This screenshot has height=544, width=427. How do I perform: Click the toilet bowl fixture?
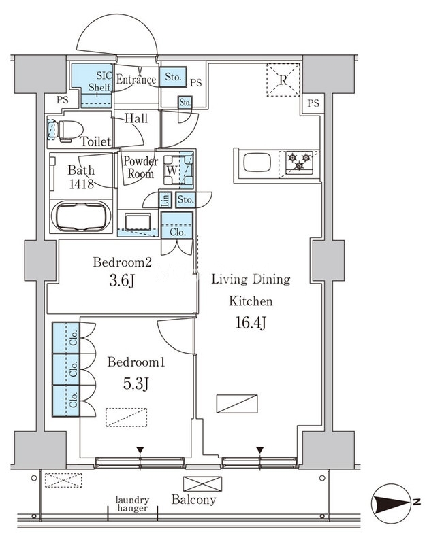click(x=65, y=131)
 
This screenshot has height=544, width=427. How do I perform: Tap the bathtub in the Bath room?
click(x=81, y=216)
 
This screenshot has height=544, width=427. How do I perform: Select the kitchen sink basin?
click(x=257, y=163)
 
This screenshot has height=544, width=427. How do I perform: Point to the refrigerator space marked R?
click(x=283, y=80)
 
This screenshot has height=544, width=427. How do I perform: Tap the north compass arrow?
click(x=392, y=503)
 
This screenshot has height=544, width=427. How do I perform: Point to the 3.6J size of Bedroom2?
click(x=122, y=280)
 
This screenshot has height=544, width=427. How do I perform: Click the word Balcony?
click(x=193, y=500)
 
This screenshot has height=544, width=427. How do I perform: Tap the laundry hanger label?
click(x=132, y=504)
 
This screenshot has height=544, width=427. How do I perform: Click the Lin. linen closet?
click(x=165, y=199)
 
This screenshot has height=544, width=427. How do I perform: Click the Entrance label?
click(x=136, y=80)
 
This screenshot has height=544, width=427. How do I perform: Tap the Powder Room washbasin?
click(x=138, y=222)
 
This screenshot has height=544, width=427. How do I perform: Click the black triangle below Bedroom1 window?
click(x=140, y=450)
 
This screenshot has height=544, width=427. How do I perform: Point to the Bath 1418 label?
click(x=81, y=177)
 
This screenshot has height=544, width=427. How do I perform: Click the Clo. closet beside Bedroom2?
click(x=177, y=226)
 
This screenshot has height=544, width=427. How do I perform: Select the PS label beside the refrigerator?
click(x=313, y=103)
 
